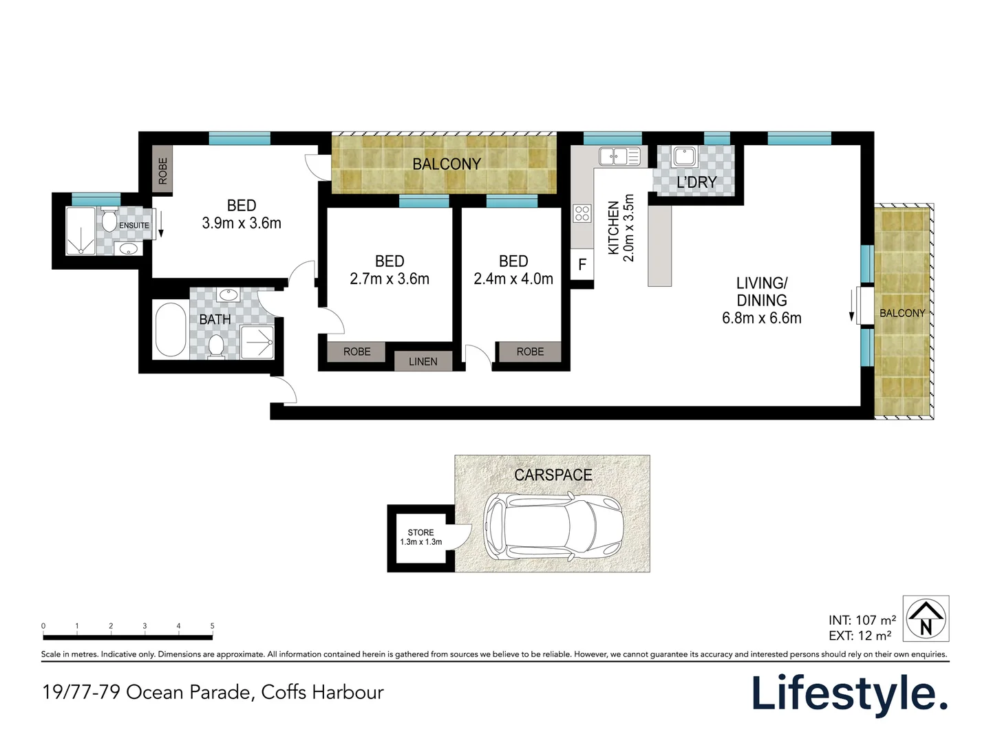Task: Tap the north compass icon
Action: pyautogui.click(x=926, y=618)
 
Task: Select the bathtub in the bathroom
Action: pyautogui.click(x=170, y=330)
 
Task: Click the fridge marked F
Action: pyautogui.click(x=582, y=264)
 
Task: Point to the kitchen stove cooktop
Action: pyautogui.click(x=582, y=213)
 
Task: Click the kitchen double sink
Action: pyautogui.click(x=619, y=156)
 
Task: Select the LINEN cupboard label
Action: pyautogui.click(x=423, y=361)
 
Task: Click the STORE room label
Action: pyautogui.click(x=420, y=532)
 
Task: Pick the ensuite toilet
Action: pyautogui.click(x=109, y=221)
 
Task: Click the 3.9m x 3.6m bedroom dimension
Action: pyautogui.click(x=242, y=223)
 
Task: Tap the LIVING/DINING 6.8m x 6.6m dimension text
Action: pyautogui.click(x=761, y=318)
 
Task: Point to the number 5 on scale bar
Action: pyautogui.click(x=212, y=626)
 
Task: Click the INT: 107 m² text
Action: pyautogui.click(x=862, y=620)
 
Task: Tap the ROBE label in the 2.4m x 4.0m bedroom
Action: pyautogui.click(x=530, y=352)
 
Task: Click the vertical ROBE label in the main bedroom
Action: pyautogui.click(x=162, y=171)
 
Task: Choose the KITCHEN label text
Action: pyautogui.click(x=612, y=228)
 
